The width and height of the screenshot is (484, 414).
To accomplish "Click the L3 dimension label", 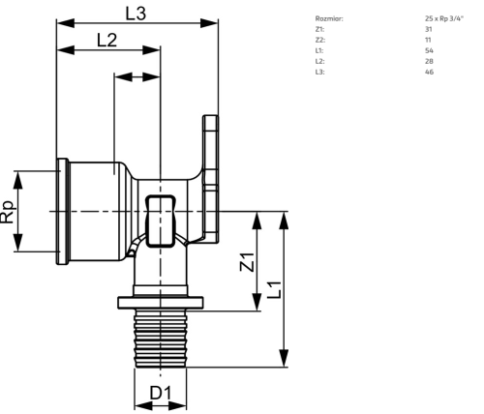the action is click(136, 14).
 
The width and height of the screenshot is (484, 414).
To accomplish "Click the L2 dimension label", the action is click(106, 41).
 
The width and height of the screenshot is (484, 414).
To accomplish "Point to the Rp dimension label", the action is click(7, 212).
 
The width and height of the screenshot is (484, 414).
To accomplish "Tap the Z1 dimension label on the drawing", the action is click(248, 262).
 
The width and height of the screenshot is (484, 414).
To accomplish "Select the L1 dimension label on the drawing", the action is click(275, 290).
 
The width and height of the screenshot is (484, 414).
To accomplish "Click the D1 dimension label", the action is click(161, 393).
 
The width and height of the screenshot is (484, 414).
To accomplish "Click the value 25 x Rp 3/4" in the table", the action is click(444, 18).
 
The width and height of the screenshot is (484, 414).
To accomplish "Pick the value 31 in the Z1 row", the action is click(429, 29).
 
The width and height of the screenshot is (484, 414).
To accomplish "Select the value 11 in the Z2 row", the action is click(428, 40).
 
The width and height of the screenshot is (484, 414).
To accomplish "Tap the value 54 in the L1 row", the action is click(429, 50).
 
